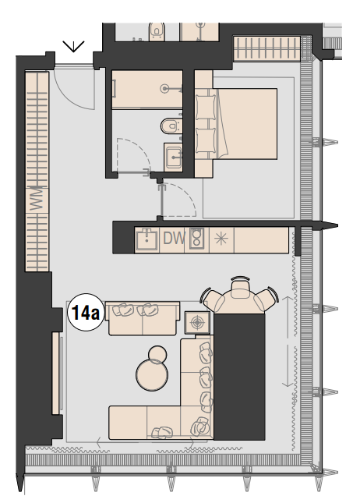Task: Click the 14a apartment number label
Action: click(84, 313)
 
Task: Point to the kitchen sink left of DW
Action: click(146, 239)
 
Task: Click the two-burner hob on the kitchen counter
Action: click(197, 239)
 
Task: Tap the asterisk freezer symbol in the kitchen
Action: click(221, 239)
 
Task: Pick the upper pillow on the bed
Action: click(206, 106)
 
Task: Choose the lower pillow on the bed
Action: click(206, 141)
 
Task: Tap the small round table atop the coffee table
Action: click(158, 356)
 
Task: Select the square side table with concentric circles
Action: click(198, 321)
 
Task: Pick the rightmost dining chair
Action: click(266, 299)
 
